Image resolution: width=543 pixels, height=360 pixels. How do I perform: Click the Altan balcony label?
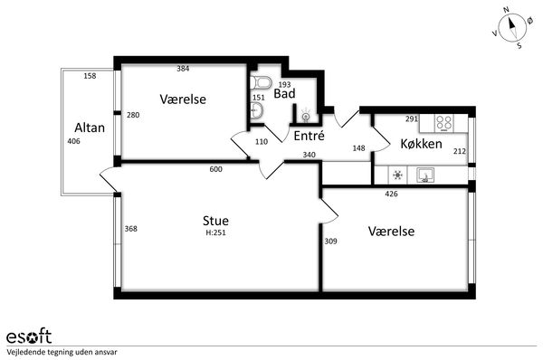[x=90, y=128]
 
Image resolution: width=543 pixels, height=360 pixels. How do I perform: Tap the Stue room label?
[x=215, y=221]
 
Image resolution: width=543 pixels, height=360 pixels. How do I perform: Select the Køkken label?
[x=421, y=144]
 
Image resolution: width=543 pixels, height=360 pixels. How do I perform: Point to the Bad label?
[x=284, y=93]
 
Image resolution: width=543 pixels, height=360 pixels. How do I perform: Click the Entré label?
[x=309, y=136]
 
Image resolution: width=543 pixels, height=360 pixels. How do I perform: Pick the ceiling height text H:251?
[x=215, y=232]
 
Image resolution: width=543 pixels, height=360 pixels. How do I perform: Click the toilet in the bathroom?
[x=261, y=82]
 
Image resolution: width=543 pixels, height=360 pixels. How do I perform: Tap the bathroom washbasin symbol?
[x=257, y=110]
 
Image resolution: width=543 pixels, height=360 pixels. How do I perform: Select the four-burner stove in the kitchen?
[x=444, y=122]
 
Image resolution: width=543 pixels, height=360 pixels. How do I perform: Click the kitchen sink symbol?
[x=425, y=175]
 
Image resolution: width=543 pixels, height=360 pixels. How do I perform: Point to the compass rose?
[x=512, y=28]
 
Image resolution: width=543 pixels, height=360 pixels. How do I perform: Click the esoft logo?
[x=29, y=336]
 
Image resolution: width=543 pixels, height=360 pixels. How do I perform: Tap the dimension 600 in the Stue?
[x=215, y=169]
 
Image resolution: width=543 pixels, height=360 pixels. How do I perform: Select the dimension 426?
[x=391, y=194]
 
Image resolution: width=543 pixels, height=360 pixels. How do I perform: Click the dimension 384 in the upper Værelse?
[x=183, y=69]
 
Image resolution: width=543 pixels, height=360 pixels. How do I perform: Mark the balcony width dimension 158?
[x=90, y=76]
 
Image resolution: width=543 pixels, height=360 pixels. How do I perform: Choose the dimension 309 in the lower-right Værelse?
[x=330, y=242]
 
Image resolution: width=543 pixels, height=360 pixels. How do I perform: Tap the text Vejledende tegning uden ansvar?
[x=62, y=353]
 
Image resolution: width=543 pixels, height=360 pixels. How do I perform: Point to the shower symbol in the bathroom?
[x=306, y=116]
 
